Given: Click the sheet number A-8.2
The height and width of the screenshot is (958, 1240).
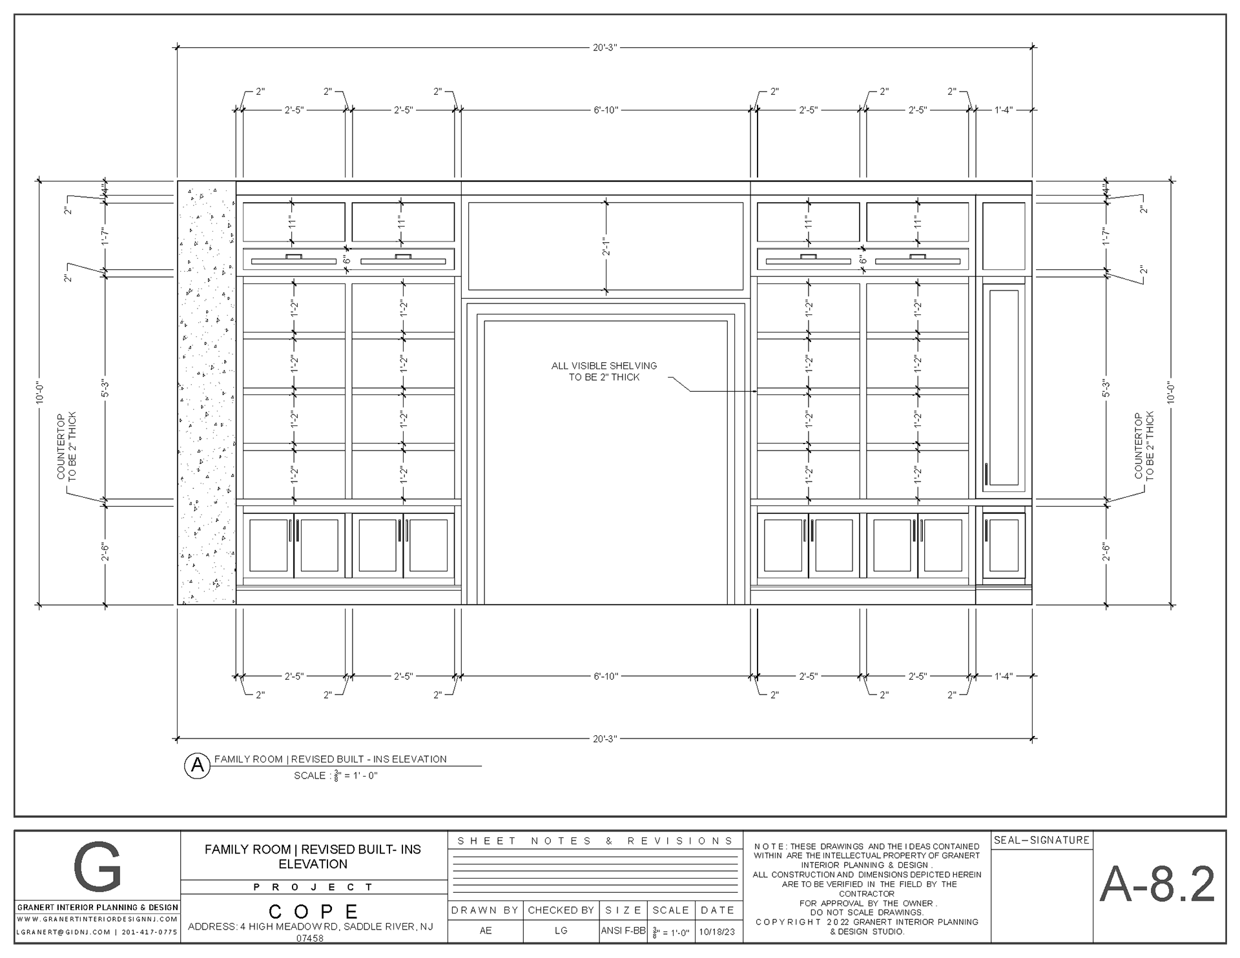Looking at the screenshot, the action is tap(1157, 884).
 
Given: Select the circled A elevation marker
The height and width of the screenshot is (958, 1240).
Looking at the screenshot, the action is tap(198, 766).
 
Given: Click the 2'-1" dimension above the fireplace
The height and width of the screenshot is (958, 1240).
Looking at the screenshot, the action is tap(605, 247).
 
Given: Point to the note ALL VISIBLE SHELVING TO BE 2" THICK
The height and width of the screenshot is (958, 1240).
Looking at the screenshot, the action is tap(604, 371).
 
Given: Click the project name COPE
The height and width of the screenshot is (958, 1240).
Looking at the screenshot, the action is tap(313, 912).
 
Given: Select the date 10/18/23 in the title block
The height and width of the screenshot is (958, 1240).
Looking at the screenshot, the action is tap(717, 932).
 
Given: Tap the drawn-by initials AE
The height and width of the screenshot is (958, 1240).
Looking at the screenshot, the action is tap(486, 930).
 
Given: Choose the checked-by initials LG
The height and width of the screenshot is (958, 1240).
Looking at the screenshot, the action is tap(561, 930).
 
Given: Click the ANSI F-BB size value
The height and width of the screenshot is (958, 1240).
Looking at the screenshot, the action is tap(623, 931).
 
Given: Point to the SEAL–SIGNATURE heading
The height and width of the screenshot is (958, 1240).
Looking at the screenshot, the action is tap(1042, 840).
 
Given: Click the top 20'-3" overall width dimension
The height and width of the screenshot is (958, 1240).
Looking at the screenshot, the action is tap(605, 47).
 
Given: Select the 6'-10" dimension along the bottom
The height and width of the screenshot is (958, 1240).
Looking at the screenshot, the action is tap(606, 676).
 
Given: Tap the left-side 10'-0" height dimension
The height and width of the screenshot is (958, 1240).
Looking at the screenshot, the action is tap(40, 392).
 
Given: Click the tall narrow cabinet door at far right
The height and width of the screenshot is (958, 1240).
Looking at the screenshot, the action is tap(1003, 387).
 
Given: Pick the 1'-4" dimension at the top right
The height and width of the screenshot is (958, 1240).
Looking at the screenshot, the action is tap(1003, 110).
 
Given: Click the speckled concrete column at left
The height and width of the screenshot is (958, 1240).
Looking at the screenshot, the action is tap(207, 396).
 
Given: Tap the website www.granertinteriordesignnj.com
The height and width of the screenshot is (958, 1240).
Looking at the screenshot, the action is tap(98, 919).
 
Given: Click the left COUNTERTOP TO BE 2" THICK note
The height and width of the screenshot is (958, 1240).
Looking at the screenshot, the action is tap(67, 445).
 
